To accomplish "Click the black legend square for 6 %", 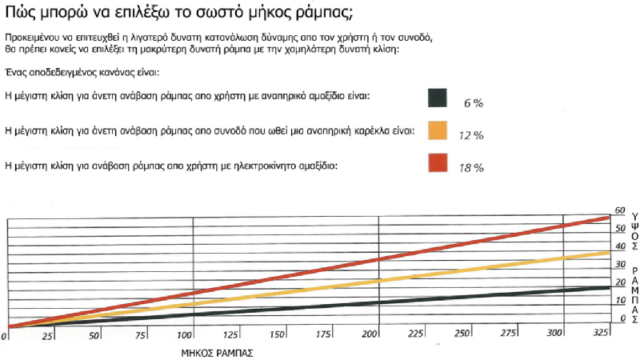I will click(437, 98).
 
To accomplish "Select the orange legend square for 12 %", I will click(437, 130).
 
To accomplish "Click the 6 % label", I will click(473, 104).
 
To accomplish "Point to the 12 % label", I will click(471, 137).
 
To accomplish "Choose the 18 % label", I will click(471, 170).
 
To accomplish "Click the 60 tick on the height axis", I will click(619, 211).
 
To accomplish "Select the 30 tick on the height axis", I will click(619, 265).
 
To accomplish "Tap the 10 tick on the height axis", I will click(619, 300).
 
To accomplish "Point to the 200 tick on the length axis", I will click(370, 333).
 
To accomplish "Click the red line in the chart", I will click(320, 269).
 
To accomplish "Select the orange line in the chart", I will click(320, 287).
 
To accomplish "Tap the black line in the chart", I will click(320, 306).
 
